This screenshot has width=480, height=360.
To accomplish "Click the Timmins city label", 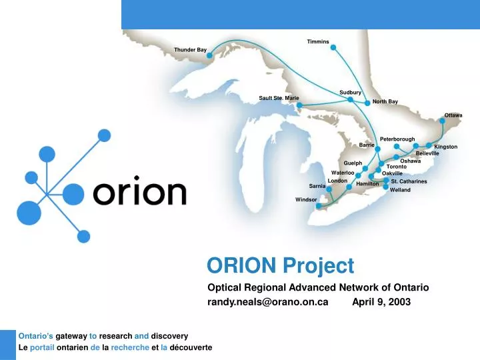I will pos(318,42).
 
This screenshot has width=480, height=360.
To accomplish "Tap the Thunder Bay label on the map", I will pos(190,50).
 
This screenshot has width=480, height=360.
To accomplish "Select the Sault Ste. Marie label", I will pos(279,98).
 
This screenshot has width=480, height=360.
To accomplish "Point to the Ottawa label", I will pos(453,115).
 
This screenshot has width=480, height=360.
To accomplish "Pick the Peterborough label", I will pos(397,139).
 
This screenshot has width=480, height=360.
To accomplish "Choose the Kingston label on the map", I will pos(445,147).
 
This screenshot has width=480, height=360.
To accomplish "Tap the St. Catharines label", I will pos(409,181).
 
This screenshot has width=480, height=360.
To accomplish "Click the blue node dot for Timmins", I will pos(334,48).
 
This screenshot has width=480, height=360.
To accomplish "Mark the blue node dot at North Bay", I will pos(367,103).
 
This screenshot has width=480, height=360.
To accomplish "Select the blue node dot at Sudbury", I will pos(351,99).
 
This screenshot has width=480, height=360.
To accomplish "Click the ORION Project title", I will pos(281,266).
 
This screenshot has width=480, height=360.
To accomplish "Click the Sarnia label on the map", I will pos(317,186).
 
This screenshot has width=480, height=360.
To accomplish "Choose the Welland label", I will pos(401,190).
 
